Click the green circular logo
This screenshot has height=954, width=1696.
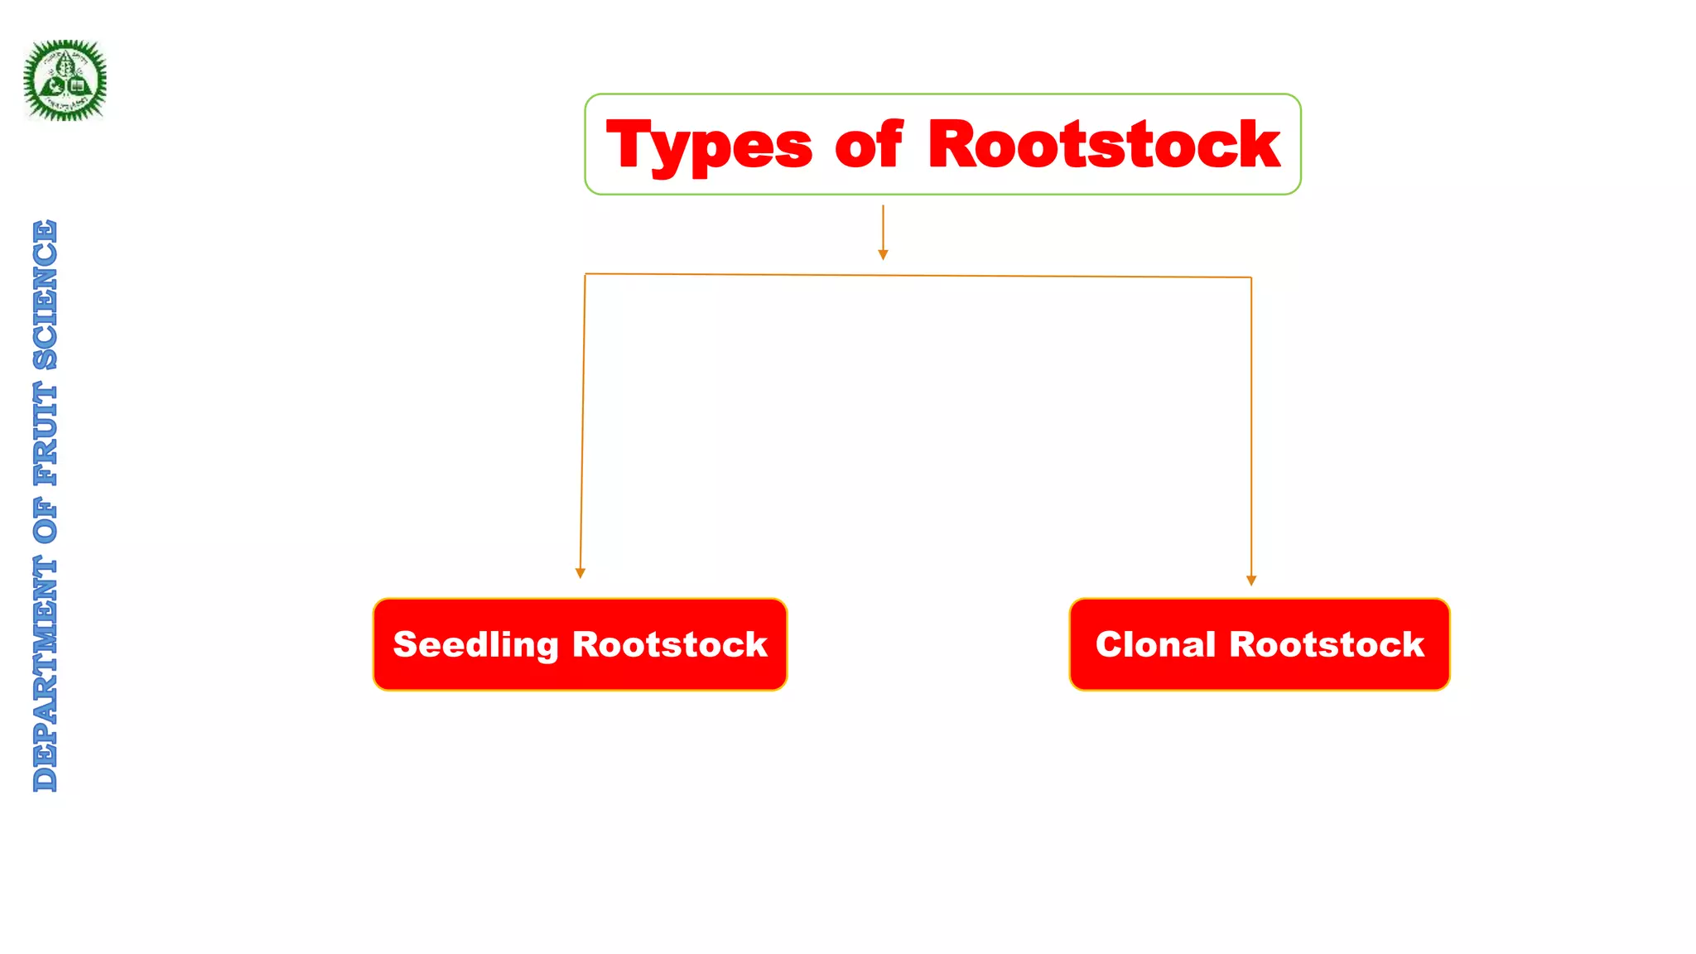point(65,80)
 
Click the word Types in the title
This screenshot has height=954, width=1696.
point(709,146)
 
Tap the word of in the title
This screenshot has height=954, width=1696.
point(868,145)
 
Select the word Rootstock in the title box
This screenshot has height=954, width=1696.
point(1104,145)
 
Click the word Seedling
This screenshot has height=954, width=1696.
point(476,645)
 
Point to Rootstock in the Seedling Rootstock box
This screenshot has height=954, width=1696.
point(670,644)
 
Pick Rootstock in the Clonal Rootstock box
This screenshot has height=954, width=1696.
point(1327,644)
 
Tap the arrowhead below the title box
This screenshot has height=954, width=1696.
point(883,255)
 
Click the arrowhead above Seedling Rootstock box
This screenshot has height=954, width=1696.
point(580,573)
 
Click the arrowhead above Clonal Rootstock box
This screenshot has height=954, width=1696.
point(1251,581)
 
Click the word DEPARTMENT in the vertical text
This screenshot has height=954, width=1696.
point(46,674)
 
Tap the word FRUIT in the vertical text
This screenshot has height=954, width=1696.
point(46,434)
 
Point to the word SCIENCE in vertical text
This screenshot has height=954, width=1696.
point(46,294)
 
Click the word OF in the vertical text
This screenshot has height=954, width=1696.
point(46,521)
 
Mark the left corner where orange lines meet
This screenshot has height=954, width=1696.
point(585,274)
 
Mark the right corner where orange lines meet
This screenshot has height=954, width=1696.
point(1251,277)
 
